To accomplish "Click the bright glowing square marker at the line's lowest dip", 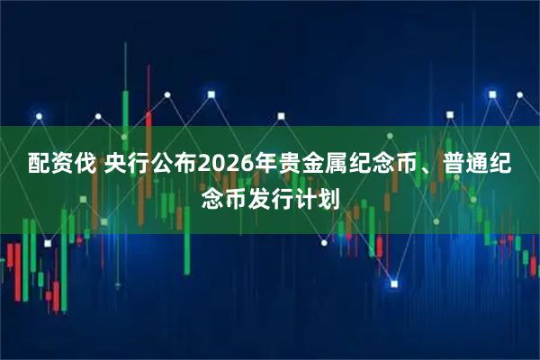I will click(394, 284).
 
